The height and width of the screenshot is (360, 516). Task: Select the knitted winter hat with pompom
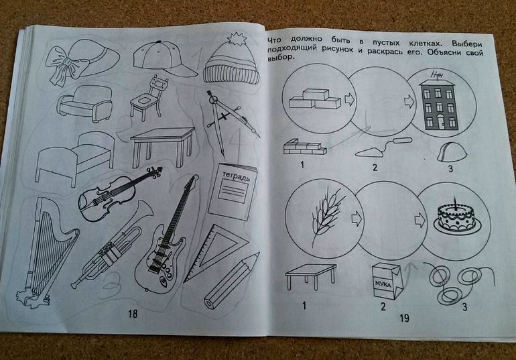click(x=231, y=62)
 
